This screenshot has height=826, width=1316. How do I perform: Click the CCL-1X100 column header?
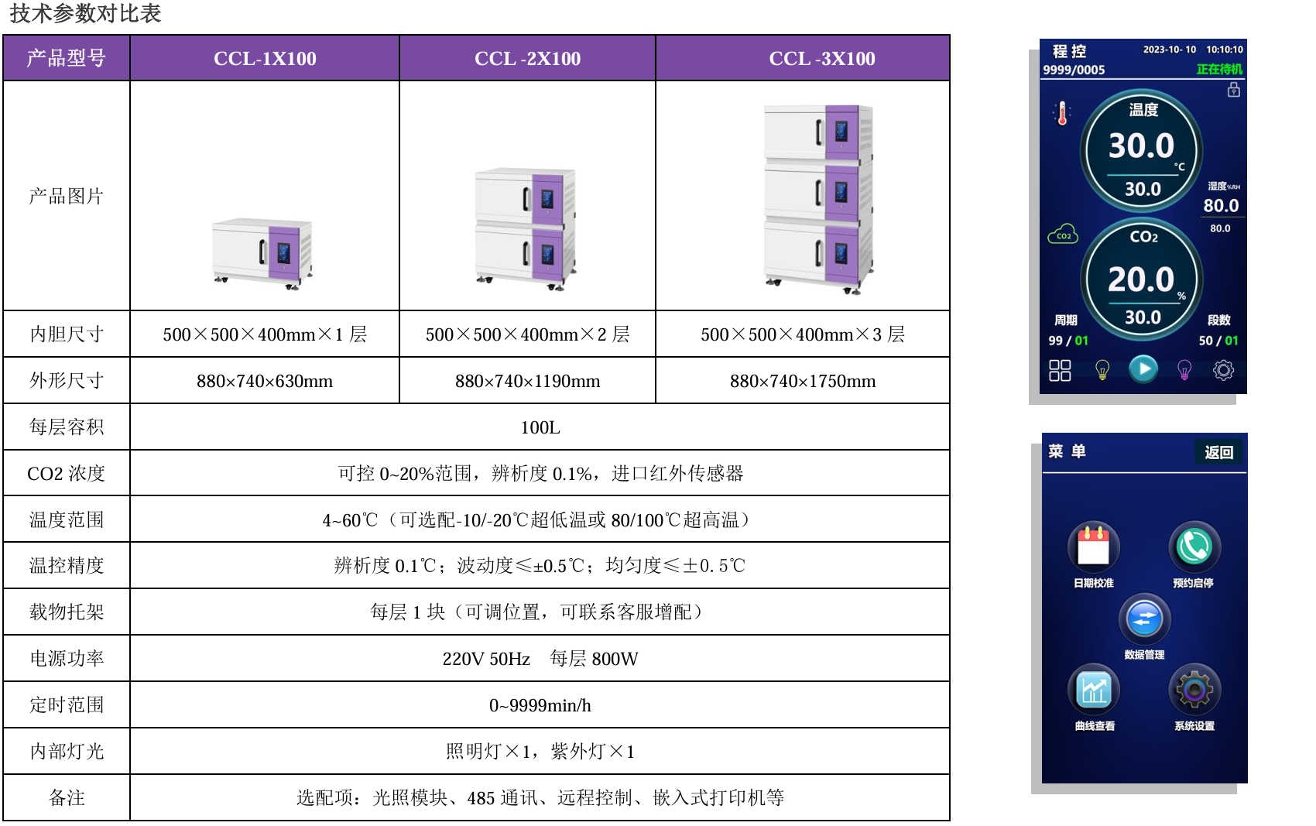pyautogui.click(x=265, y=59)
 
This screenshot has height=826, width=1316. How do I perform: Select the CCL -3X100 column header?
pyautogui.click(x=822, y=59)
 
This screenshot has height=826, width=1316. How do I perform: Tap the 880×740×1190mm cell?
pyautogui.click(x=527, y=381)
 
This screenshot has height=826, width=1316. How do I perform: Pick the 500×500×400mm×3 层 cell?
pyautogui.click(x=803, y=334)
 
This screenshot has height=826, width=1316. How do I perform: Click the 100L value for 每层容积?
pyautogui.click(x=540, y=427)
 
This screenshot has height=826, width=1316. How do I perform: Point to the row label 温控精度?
pyautogui.click(x=67, y=566)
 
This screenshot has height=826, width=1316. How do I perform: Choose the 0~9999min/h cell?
pyautogui.click(x=540, y=705)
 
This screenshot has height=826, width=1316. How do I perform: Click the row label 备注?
pyautogui.click(x=67, y=798)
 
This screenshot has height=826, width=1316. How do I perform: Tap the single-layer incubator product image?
pyautogui.click(x=262, y=252)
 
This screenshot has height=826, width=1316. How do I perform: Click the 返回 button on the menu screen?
pyautogui.click(x=1218, y=452)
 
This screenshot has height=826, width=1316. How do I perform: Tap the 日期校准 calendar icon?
pyautogui.click(x=1093, y=546)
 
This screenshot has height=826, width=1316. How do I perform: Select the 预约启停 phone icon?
pyautogui.click(x=1194, y=546)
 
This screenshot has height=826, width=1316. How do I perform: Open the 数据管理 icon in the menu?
pyautogui.click(x=1144, y=619)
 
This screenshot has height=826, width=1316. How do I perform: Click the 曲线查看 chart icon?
pyautogui.click(x=1093, y=689)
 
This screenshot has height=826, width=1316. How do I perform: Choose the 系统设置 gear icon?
pyautogui.click(x=1194, y=689)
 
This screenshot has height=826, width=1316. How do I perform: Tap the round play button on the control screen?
pyautogui.click(x=1143, y=369)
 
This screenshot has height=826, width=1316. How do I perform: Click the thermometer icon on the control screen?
pyautogui.click(x=1062, y=114)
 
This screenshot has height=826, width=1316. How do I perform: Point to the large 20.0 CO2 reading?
pyautogui.click(x=1141, y=279)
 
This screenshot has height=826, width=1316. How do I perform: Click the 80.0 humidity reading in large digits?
pyautogui.click(x=1221, y=206)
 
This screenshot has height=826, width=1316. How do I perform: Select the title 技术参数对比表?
pyautogui.click(x=85, y=14)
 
